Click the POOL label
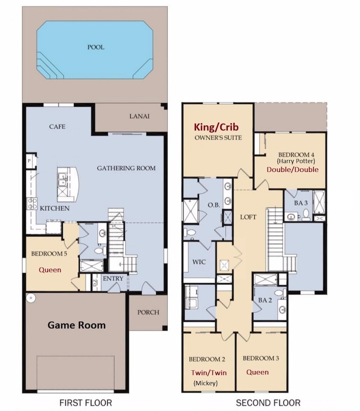click(x=96, y=47)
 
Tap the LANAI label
click(x=139, y=116)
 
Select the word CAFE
click(x=57, y=127)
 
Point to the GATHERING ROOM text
click(x=126, y=168)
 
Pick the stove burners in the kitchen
click(x=32, y=204)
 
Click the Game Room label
click(x=76, y=325)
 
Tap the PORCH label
click(x=148, y=312)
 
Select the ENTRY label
click(x=113, y=278)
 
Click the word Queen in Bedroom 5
click(x=50, y=270)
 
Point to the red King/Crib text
click(x=216, y=127)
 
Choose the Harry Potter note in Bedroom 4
click(x=296, y=161)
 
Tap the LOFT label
click(x=248, y=217)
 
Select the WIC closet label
click(x=199, y=261)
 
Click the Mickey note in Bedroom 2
click(x=205, y=383)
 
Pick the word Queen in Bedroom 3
click(x=258, y=372)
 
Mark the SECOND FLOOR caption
click(x=268, y=403)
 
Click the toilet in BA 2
click(x=280, y=293)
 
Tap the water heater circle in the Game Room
click(x=31, y=298)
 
